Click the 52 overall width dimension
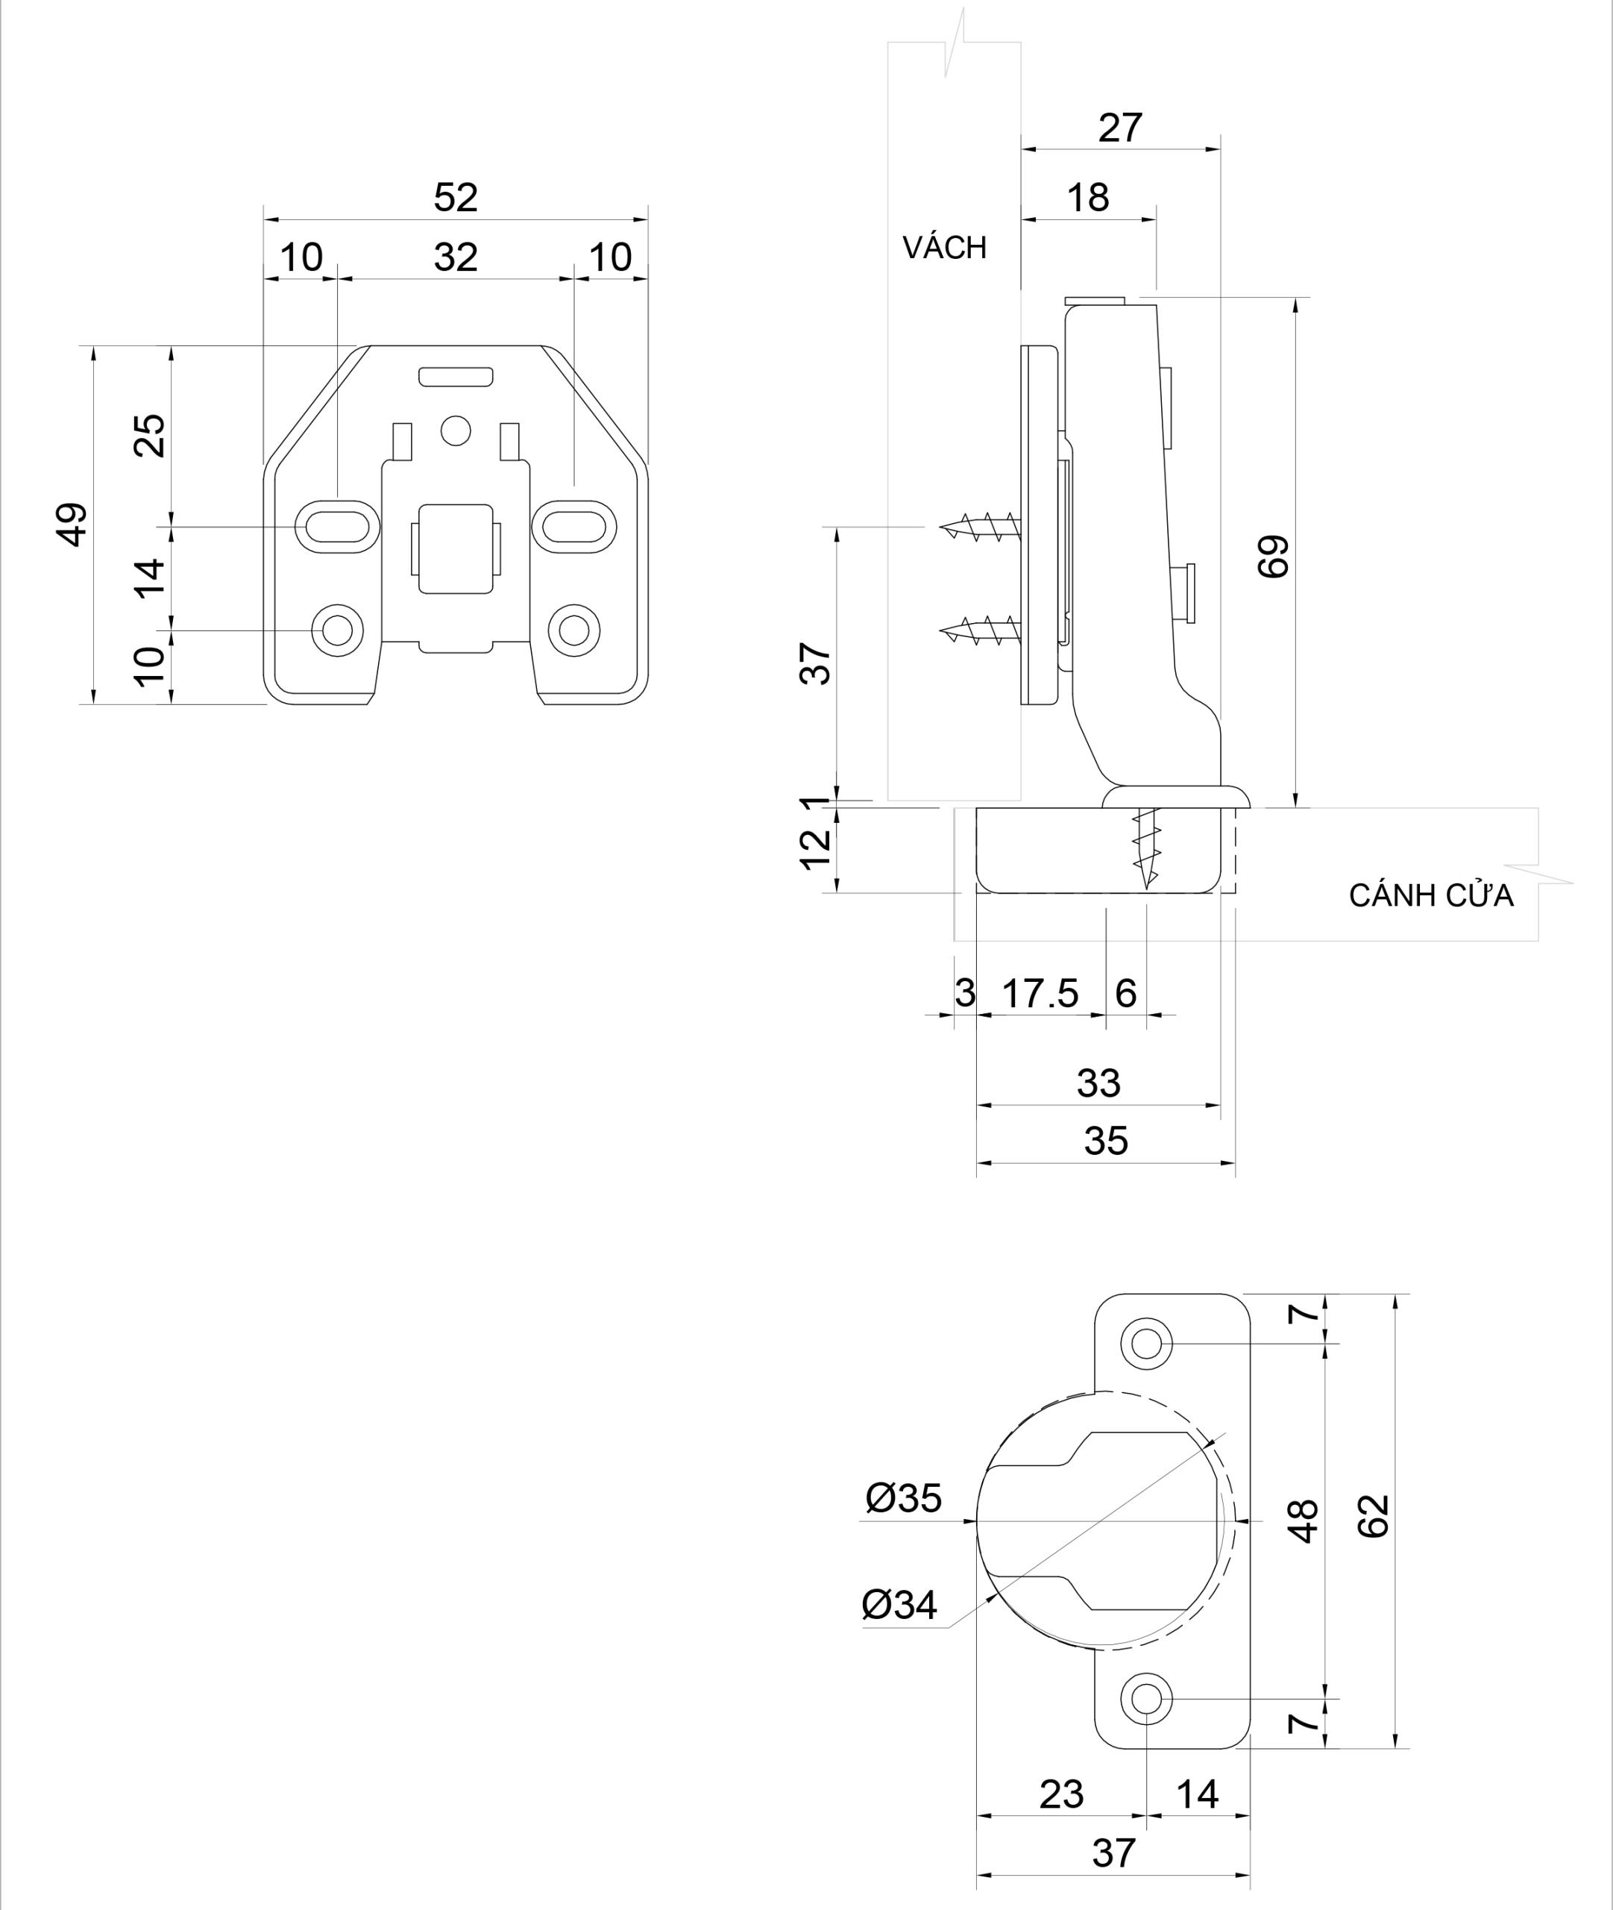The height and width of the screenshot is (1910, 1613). (456, 198)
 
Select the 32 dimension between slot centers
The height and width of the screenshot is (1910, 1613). (456, 257)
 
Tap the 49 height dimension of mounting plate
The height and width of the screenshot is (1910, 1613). (72, 525)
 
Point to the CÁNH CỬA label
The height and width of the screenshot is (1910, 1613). (1431, 895)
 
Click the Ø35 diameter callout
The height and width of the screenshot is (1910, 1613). (903, 1498)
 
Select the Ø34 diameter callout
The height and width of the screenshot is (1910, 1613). (900, 1604)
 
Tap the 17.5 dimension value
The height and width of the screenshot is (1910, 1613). (1040, 993)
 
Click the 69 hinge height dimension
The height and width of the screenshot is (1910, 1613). (1274, 555)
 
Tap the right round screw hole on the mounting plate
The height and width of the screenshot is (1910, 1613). (574, 630)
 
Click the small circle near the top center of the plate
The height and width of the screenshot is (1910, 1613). (456, 430)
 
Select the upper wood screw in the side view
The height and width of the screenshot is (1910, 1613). (978, 527)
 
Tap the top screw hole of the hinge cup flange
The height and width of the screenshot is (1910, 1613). (1145, 1344)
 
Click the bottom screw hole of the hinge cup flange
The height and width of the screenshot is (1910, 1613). (1145, 1699)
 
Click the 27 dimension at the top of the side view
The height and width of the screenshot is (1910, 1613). (1120, 128)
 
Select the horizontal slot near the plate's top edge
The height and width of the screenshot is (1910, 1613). (456, 376)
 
